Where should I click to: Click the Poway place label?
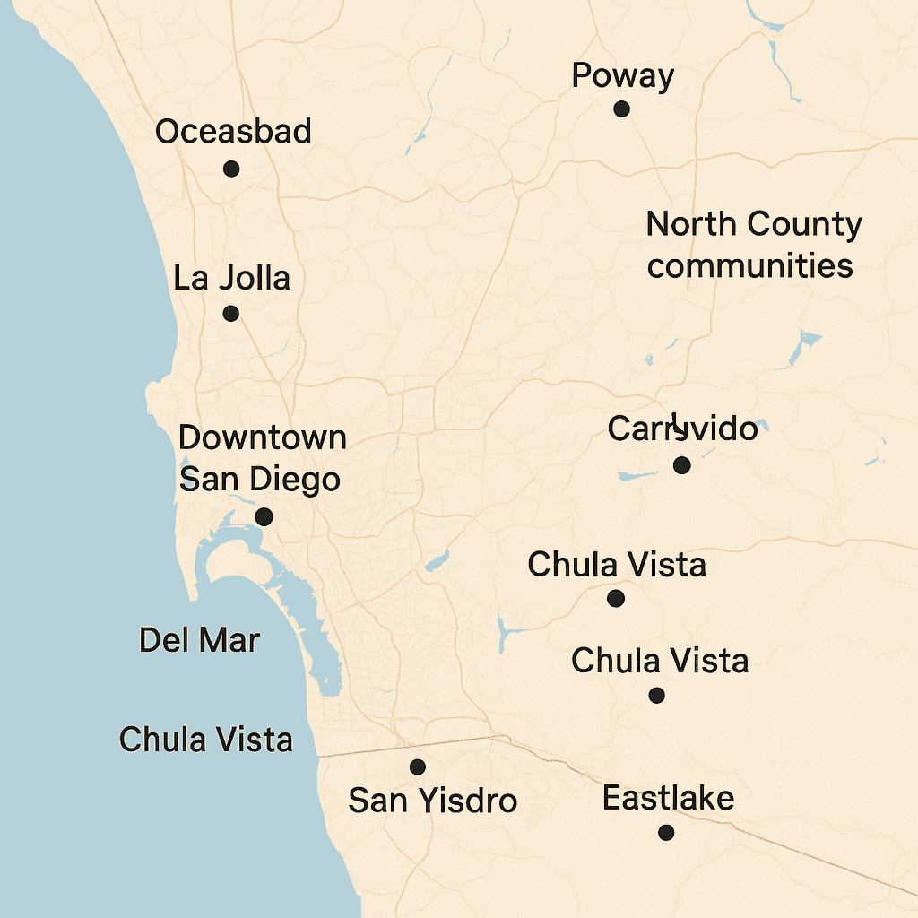tap(622, 76)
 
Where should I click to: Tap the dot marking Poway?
tap(621, 109)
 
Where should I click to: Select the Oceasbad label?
tap(233, 132)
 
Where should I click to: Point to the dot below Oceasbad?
tap(231, 169)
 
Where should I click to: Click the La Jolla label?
tap(231, 278)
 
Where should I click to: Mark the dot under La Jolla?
tap(230, 314)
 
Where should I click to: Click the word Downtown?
tap(262, 438)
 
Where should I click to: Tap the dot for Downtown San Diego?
tap(264, 517)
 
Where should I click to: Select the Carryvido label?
tap(682, 429)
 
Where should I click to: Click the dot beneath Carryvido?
tap(681, 465)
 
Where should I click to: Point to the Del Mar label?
tap(199, 641)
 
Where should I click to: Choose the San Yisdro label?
tap(432, 800)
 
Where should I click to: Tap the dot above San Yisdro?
tap(417, 767)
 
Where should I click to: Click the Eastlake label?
tap(668, 798)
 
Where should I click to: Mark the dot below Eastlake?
tap(666, 833)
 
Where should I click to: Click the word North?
tap(690, 224)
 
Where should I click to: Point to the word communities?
tap(749, 266)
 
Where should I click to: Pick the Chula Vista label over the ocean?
tap(206, 740)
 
